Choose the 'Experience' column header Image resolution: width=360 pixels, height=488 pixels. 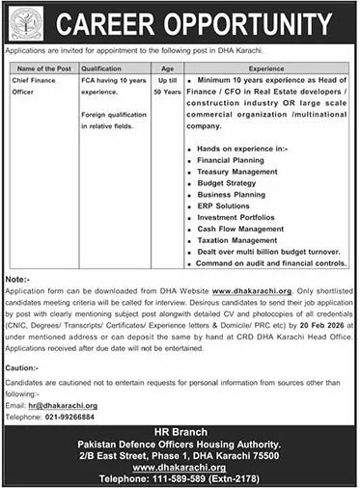[x=273, y=68]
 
